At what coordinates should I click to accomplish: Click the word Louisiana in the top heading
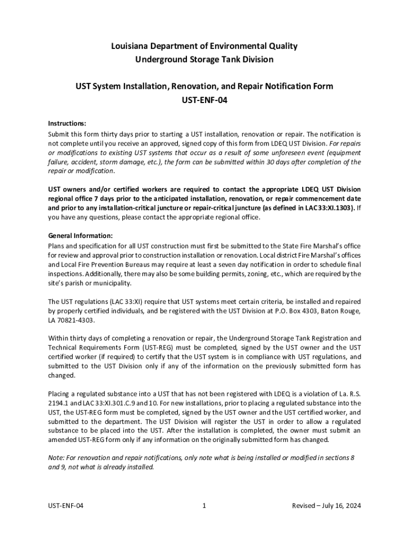[x=130, y=46]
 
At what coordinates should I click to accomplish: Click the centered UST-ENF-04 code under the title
[x=204, y=99]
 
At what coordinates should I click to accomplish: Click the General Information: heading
[x=80, y=235]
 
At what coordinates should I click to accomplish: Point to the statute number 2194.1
[x=58, y=403]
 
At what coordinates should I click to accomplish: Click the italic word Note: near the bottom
[x=57, y=458]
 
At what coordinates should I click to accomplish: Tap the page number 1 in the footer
[x=204, y=506]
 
